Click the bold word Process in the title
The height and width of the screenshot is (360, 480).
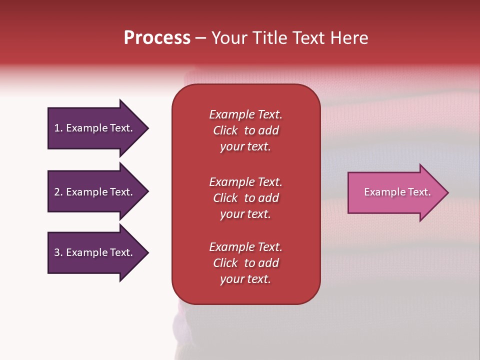tap(157, 38)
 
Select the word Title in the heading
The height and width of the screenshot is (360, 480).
tap(269, 38)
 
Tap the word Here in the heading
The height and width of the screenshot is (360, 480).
tap(349, 38)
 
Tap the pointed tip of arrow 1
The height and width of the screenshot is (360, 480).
tap(146, 128)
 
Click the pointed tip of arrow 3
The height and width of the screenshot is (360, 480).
tap(146, 252)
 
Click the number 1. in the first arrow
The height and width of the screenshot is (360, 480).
tap(58, 128)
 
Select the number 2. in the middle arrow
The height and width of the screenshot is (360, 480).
tap(58, 192)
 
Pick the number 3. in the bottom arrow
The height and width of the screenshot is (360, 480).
tap(58, 252)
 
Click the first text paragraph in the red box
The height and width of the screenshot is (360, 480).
tap(245, 130)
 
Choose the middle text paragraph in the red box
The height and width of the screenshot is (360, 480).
tap(245, 198)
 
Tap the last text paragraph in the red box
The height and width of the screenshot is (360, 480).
tap(245, 263)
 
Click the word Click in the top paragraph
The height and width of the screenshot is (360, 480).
tap(225, 130)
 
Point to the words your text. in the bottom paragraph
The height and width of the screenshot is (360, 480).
tap(245, 279)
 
